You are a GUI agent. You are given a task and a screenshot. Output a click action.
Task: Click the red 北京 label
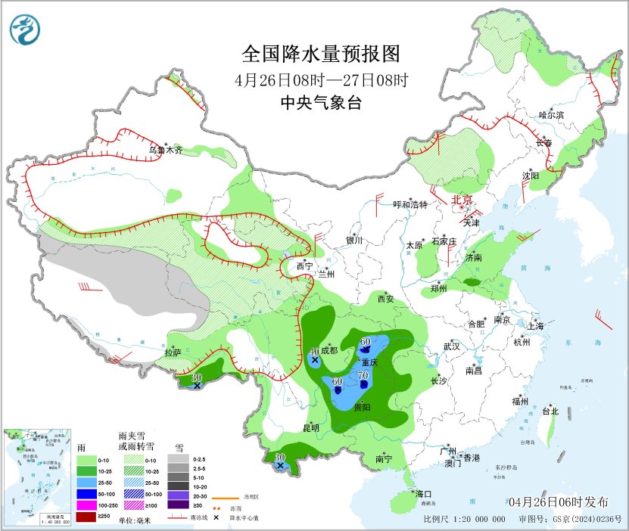click(462, 200)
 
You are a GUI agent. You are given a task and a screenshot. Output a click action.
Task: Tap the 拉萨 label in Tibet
click(173, 352)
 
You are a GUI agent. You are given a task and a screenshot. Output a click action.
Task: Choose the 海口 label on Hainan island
click(423, 493)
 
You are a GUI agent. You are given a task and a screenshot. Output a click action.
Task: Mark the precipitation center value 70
click(363, 375)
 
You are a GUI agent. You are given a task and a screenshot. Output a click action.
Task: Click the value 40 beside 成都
click(315, 351)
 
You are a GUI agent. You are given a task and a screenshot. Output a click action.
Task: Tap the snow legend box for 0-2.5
click(179, 458)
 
